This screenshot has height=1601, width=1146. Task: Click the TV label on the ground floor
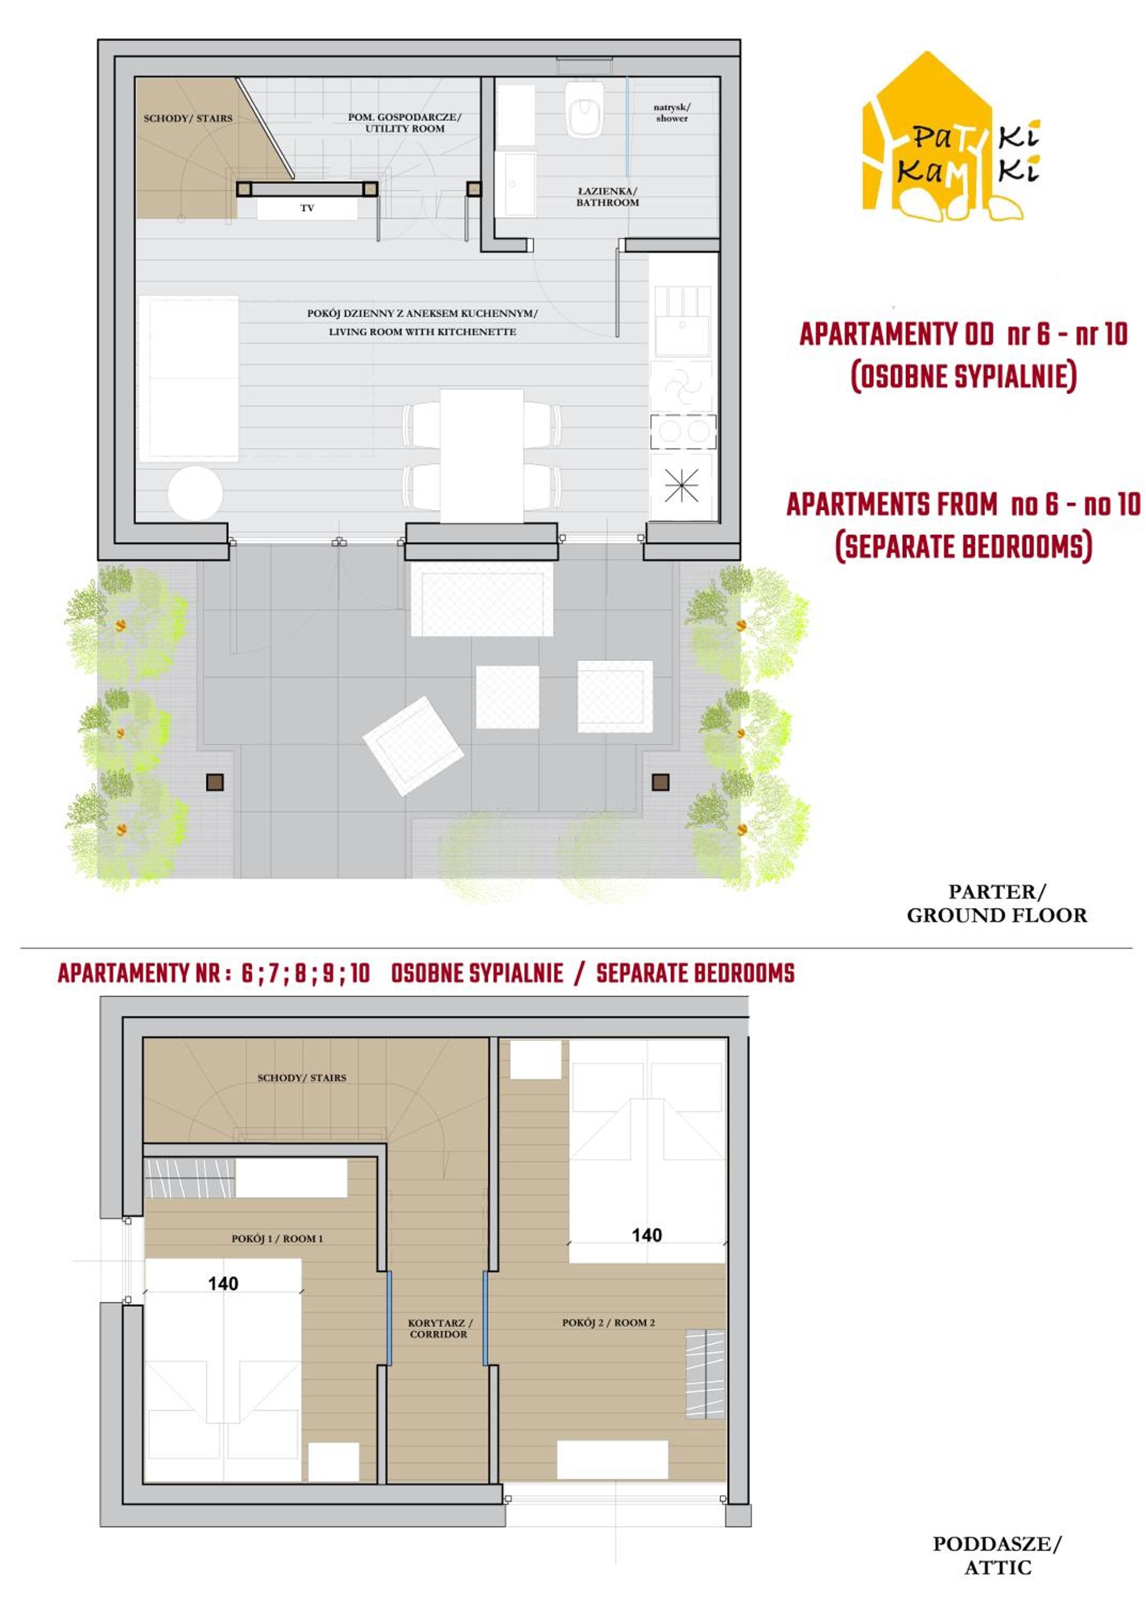(x=307, y=208)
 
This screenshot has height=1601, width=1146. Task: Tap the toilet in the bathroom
(x=584, y=110)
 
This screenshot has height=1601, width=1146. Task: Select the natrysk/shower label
(x=672, y=113)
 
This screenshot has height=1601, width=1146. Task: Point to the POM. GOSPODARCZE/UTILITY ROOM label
(x=405, y=123)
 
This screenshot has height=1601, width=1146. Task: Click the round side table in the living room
(x=195, y=493)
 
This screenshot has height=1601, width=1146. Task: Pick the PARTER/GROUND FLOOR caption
(x=996, y=903)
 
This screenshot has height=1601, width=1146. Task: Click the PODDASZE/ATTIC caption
(x=996, y=1556)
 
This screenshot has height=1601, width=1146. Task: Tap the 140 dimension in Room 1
(x=223, y=1283)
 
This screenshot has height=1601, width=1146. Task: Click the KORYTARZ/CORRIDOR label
(x=439, y=1329)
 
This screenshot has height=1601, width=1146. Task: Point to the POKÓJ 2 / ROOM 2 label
(x=608, y=1322)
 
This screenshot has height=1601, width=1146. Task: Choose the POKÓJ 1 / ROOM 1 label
(x=277, y=1239)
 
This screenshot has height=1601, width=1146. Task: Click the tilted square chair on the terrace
(x=413, y=746)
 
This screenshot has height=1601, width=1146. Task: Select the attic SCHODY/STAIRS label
(x=302, y=1077)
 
